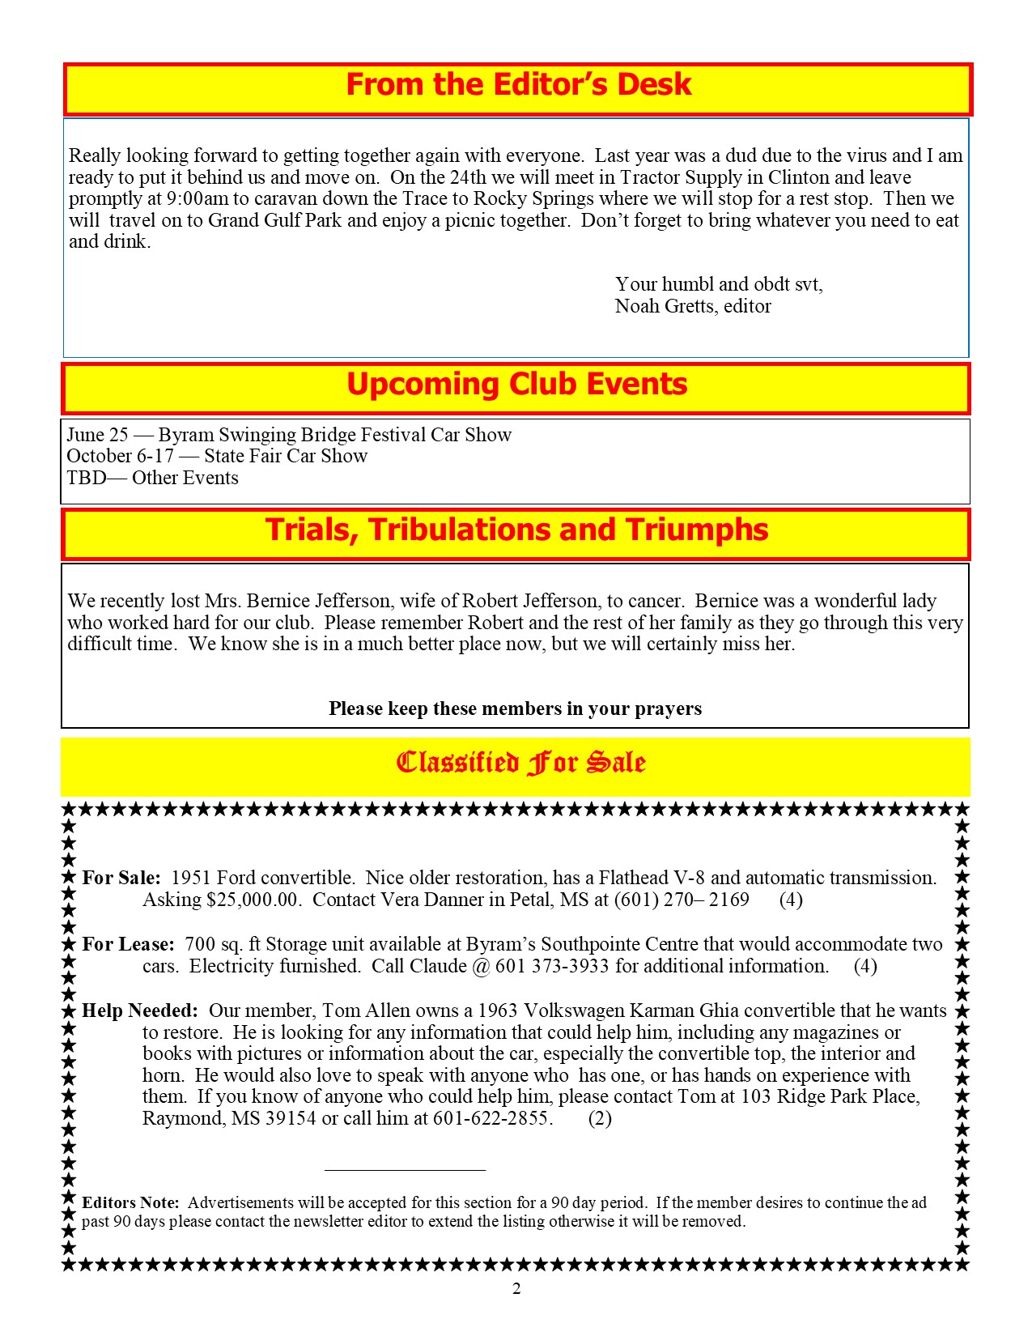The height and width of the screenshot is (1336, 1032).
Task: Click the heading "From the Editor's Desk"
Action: coord(518,85)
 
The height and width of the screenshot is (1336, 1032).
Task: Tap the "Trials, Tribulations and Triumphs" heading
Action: coord(516,530)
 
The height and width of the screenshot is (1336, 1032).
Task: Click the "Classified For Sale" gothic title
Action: coord(520,763)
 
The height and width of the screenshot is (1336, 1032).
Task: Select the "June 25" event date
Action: coord(97,435)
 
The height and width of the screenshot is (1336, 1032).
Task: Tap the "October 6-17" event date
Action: coord(121,456)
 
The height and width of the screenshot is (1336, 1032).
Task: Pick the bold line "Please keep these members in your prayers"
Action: coord(515,709)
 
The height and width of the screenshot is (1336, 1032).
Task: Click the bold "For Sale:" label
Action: coord(121,879)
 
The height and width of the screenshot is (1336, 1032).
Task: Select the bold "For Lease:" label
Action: coord(128,945)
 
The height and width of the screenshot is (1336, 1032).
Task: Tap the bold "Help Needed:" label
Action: coord(140,1011)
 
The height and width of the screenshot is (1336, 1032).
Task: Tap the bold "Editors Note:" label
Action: coord(130,1203)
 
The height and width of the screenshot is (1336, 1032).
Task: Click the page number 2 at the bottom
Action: coord(516,1289)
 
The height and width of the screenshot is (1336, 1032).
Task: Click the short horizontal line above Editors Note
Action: coord(405,1169)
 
